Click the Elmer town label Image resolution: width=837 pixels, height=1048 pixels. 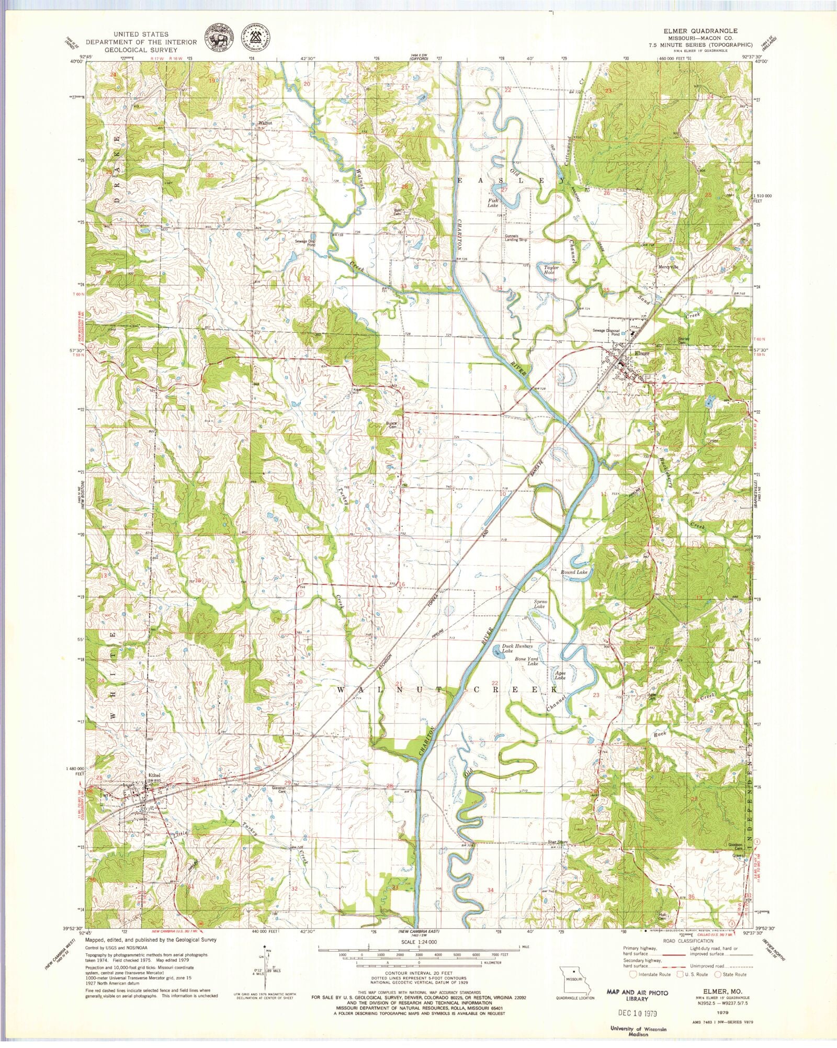tap(641, 353)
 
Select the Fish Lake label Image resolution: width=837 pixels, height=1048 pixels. tap(493, 202)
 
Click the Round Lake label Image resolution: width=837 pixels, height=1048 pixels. tap(574, 572)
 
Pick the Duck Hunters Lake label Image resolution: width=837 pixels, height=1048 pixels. tap(517, 649)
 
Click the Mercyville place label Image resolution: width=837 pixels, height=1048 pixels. tap(668, 267)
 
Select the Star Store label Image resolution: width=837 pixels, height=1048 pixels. tap(558, 842)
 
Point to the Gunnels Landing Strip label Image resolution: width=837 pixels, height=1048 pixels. tap(515, 238)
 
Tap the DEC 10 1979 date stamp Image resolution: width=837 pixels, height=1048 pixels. tap(637, 1012)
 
